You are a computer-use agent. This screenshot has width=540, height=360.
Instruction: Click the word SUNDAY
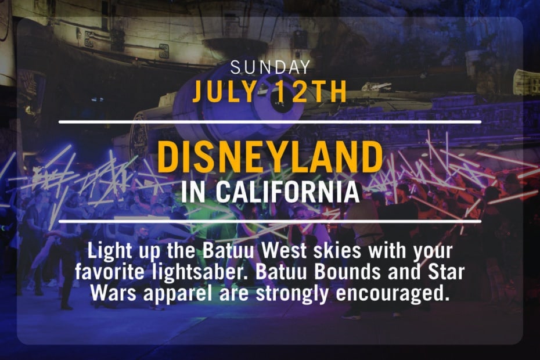pyautogui.click(x=271, y=67)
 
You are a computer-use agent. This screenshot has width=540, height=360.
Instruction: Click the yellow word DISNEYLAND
pyautogui.click(x=270, y=157)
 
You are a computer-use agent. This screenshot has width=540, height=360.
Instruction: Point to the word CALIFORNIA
pyautogui.click(x=288, y=192)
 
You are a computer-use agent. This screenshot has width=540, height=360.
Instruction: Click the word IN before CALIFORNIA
pyautogui.click(x=193, y=192)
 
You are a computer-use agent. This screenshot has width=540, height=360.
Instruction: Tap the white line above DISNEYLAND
pyautogui.click(x=270, y=121)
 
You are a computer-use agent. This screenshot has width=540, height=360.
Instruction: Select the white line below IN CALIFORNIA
pyautogui.click(x=270, y=221)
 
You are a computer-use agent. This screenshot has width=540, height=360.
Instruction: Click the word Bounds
pyautogui.click(x=347, y=272)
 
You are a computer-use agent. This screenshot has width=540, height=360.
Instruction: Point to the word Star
pyautogui.click(x=447, y=272)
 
